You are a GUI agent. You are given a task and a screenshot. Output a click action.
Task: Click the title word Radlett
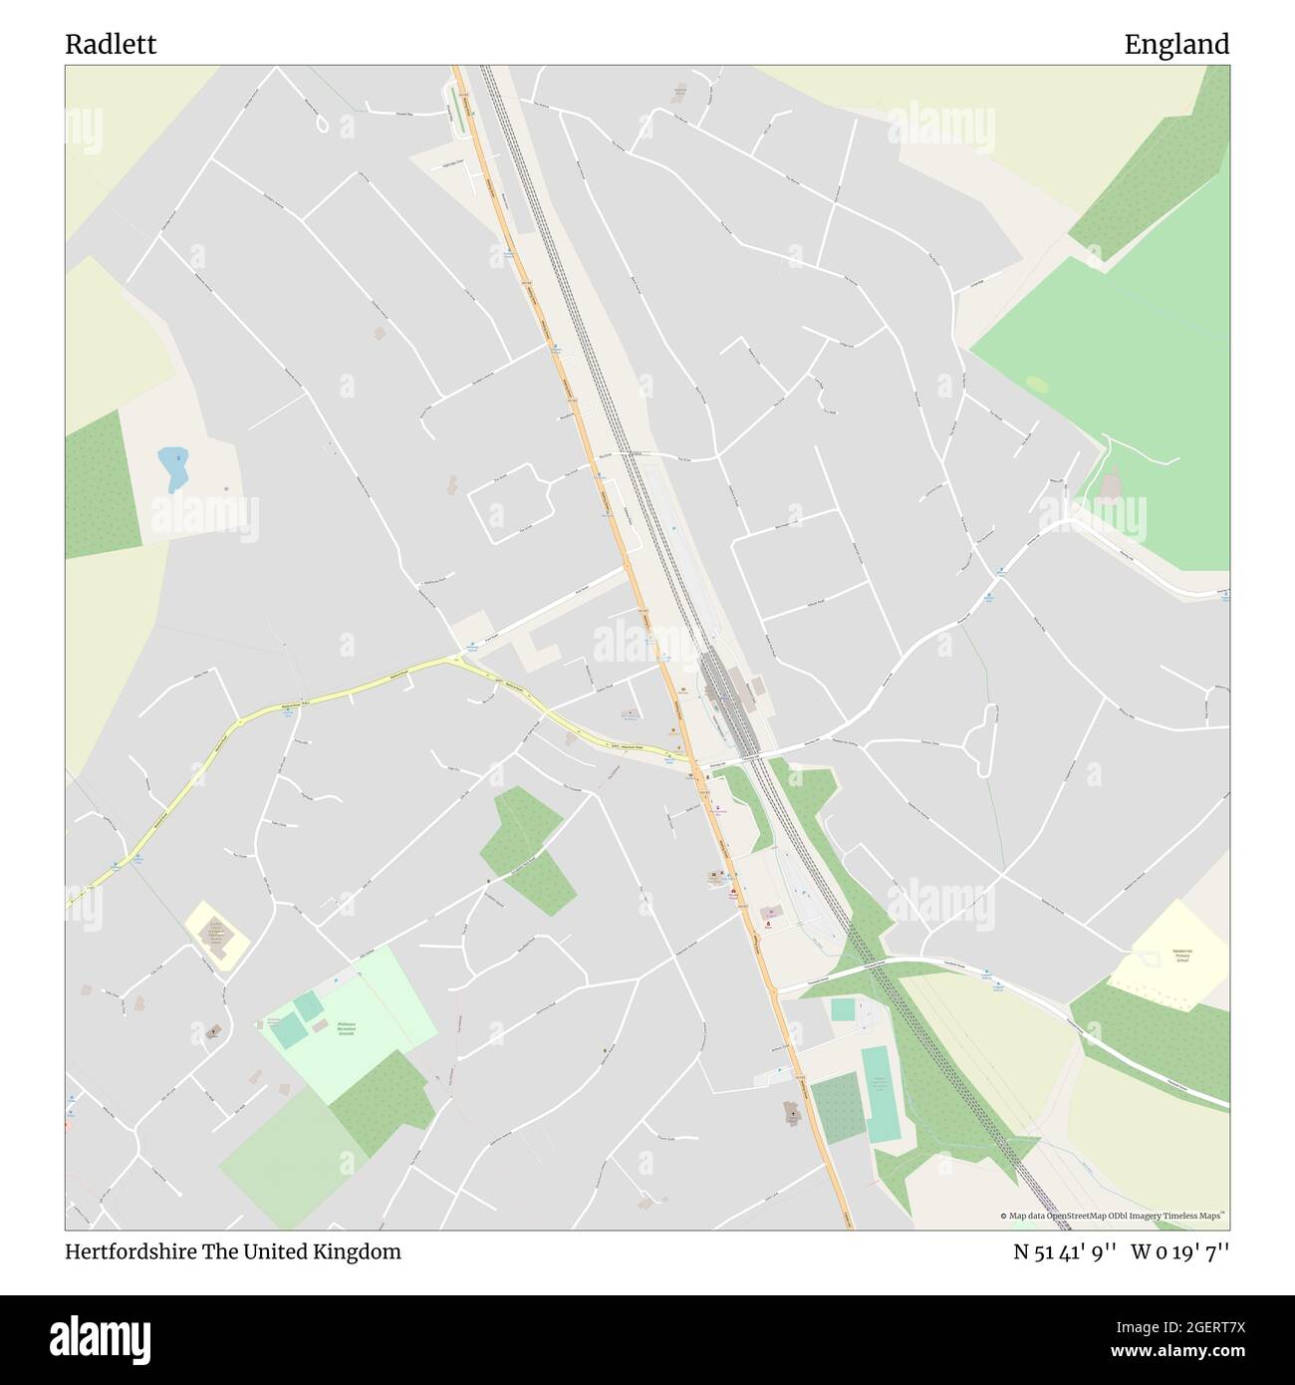click(x=111, y=45)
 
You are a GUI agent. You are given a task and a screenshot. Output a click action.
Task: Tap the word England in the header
click(x=1176, y=45)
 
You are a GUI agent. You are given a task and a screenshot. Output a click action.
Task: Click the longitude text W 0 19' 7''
click(x=1179, y=1251)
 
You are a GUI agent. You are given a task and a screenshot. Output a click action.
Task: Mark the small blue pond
click(x=173, y=468)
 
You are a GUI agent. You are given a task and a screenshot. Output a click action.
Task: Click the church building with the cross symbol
click(x=793, y=1113)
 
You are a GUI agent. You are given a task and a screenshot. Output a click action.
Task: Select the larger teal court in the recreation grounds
click(x=288, y=1031)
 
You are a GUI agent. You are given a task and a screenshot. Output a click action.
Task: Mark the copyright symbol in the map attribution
click(x=1003, y=1216)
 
